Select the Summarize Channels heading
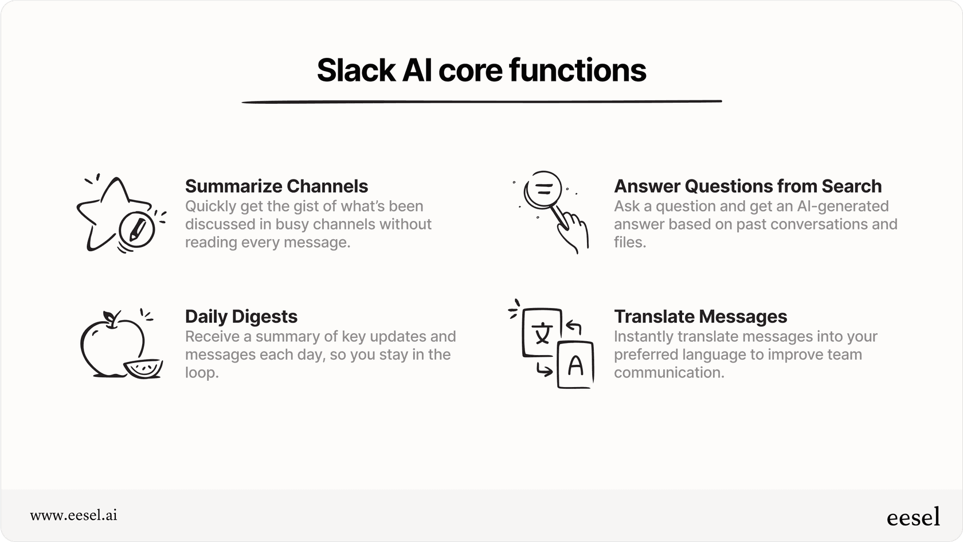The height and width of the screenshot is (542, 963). pos(276,186)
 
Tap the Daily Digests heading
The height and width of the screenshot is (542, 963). pos(241,317)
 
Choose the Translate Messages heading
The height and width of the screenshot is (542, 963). pos(700,317)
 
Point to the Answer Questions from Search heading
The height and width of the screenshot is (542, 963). pos(747,186)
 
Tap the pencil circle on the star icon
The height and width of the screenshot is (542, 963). pos(136,230)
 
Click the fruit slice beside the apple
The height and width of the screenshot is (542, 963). pos(143,368)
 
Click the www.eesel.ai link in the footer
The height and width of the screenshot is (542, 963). pos(73,515)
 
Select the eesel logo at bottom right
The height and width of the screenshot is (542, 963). pos(913,517)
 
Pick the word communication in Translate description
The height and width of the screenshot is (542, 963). pos(668,373)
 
